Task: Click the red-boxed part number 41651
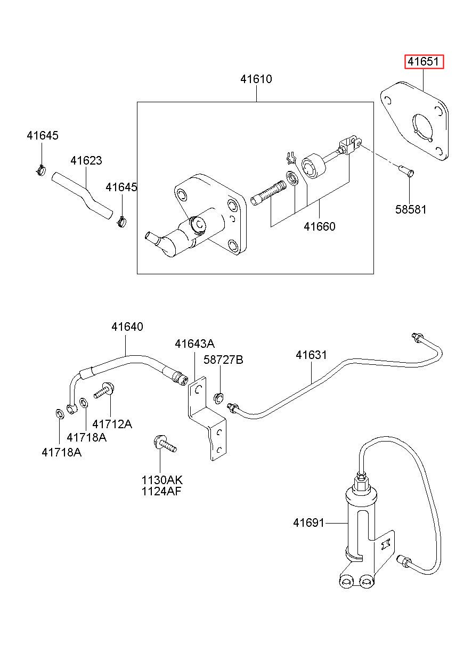[x=424, y=62]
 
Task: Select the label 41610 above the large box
[x=256, y=79]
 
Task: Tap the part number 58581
[x=411, y=209]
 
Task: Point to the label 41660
[x=319, y=226]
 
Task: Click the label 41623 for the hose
[x=86, y=160]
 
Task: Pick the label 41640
[x=127, y=326]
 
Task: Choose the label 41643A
[x=194, y=344]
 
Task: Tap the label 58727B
[x=223, y=360]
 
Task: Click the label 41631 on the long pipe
[x=311, y=355]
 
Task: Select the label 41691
[x=308, y=522]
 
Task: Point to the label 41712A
[x=112, y=424]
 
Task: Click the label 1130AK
[x=162, y=480]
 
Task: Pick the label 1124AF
[x=161, y=491]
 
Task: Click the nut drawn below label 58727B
[x=218, y=398]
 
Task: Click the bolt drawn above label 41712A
[x=104, y=390]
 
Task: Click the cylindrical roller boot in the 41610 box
[x=313, y=167]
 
